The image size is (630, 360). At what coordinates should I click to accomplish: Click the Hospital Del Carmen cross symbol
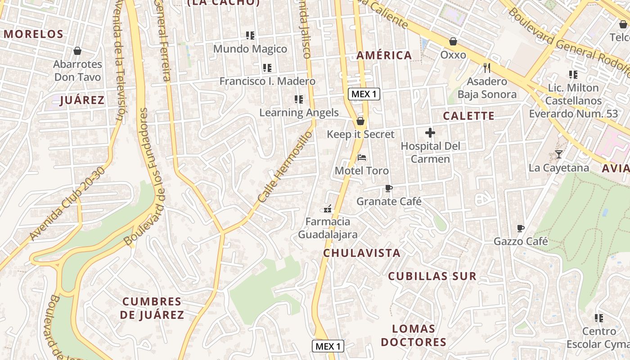[x=430, y=133]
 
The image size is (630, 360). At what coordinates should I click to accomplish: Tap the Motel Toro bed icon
[x=361, y=157]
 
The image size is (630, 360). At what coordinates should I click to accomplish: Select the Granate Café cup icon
[x=389, y=188]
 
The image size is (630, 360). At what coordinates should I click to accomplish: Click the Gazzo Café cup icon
[x=521, y=228]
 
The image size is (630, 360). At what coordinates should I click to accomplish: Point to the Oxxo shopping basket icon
[x=453, y=41]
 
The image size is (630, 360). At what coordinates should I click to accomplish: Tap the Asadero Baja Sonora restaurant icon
[x=486, y=68]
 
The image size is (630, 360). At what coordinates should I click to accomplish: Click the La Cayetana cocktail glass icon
[x=558, y=154]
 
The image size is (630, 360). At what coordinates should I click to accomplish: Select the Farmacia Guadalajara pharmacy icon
[x=328, y=208]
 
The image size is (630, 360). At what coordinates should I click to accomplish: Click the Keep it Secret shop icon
[x=360, y=121]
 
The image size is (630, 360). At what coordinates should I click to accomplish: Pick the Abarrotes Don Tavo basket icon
[x=77, y=51]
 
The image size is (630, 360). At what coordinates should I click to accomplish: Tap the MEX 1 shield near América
[x=364, y=94]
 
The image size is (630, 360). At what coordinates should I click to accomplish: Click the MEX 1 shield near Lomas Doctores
[x=328, y=346]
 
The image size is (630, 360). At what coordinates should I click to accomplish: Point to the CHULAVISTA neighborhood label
[x=362, y=253]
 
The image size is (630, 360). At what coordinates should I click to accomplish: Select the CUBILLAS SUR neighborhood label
[x=432, y=276]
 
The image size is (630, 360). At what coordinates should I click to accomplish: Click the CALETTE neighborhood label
[x=468, y=116]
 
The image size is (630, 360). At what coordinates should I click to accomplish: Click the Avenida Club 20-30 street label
[x=68, y=203]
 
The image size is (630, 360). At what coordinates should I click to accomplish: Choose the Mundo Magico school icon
[x=250, y=35]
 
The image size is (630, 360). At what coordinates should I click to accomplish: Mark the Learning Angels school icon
[x=298, y=99]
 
